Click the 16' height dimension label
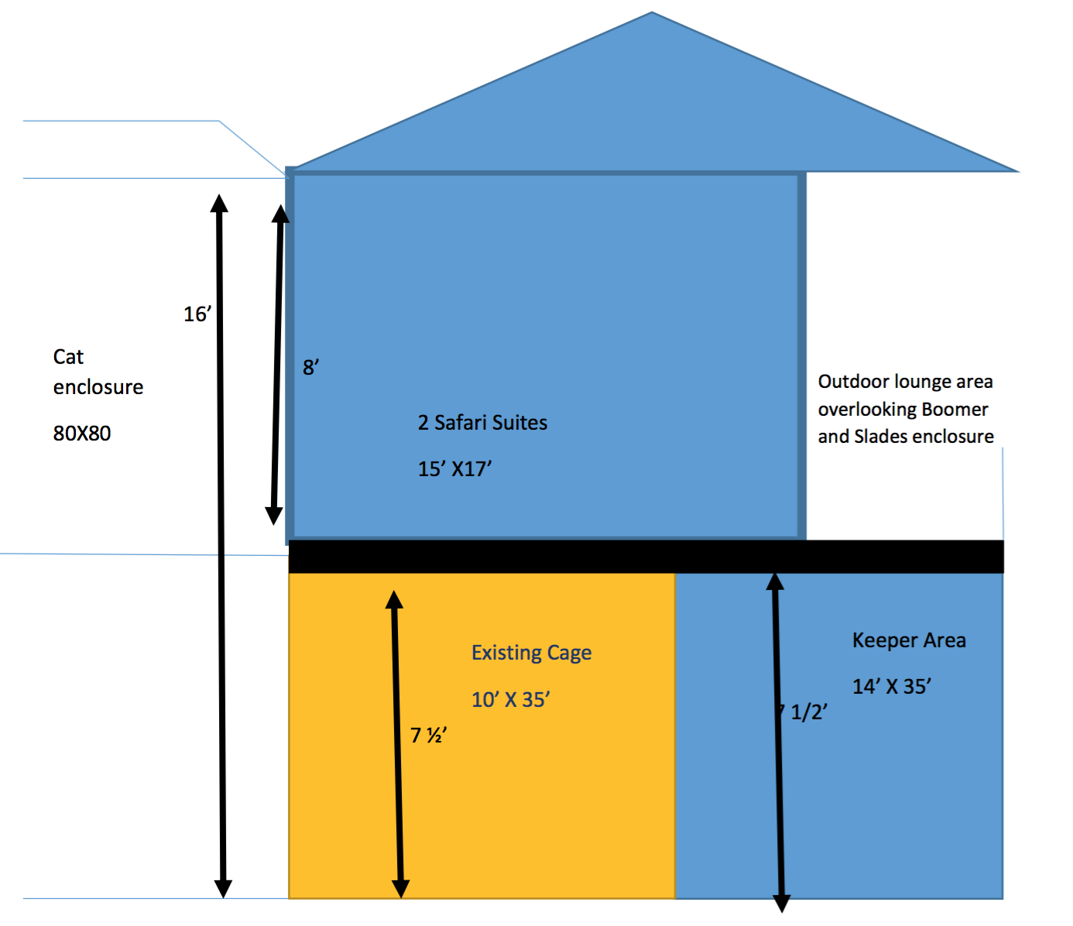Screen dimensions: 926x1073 pyautogui.click(x=197, y=314)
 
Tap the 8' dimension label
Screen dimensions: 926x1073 pyautogui.click(x=310, y=367)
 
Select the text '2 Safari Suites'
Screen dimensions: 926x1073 pyautogui.click(x=482, y=423)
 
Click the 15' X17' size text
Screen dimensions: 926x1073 pyautogui.click(x=454, y=469)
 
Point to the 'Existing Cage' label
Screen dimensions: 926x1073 pyautogui.click(x=531, y=653)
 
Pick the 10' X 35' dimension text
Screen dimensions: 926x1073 pyautogui.click(x=510, y=700)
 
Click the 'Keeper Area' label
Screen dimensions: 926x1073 pyautogui.click(x=909, y=640)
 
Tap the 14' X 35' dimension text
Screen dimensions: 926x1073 pyautogui.click(x=891, y=687)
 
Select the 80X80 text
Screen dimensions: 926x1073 pyautogui.click(x=82, y=434)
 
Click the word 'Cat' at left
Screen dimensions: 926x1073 pyautogui.click(x=68, y=357)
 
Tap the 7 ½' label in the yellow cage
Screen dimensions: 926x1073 pyautogui.click(x=428, y=735)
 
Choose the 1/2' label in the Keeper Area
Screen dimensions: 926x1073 pyautogui.click(x=808, y=712)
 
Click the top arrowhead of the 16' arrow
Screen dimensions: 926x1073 pyautogui.click(x=220, y=203)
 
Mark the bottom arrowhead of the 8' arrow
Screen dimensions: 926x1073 pyautogui.click(x=274, y=516)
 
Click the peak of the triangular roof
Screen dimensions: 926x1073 pyautogui.click(x=652, y=14)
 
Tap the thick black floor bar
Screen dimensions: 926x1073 pyautogui.click(x=646, y=557)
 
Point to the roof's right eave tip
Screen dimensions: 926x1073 pyautogui.click(x=1016, y=170)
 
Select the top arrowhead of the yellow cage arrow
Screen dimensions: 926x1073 pyautogui.click(x=395, y=599)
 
